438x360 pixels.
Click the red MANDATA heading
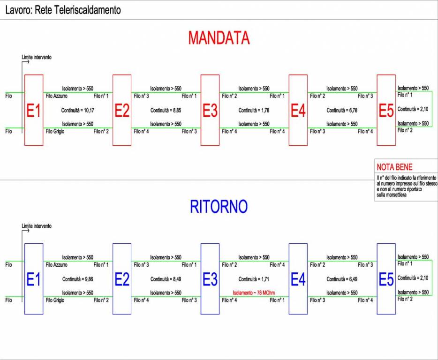[x=219, y=38]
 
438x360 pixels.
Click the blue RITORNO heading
[x=219, y=207]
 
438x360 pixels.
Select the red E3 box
[x=210, y=110]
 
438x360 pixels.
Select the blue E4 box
[x=298, y=279]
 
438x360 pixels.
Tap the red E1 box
[x=34, y=110]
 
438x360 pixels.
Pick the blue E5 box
[x=386, y=279]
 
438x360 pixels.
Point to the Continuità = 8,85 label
[x=166, y=111]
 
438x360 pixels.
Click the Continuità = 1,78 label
[x=254, y=111]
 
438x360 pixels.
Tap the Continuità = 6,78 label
[x=342, y=111]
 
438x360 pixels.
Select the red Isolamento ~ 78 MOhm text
[x=254, y=293]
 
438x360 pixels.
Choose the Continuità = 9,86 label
[x=78, y=279]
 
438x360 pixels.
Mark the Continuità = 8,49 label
[x=166, y=279]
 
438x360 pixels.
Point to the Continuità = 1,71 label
[x=254, y=279]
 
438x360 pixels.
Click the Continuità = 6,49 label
[x=342, y=279]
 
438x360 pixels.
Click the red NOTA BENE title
[x=394, y=167]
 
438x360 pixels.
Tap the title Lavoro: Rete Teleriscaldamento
[x=63, y=10]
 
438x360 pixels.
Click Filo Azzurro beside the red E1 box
[x=57, y=96]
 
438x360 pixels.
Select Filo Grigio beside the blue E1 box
[x=55, y=300]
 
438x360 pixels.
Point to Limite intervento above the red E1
[x=37, y=57]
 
